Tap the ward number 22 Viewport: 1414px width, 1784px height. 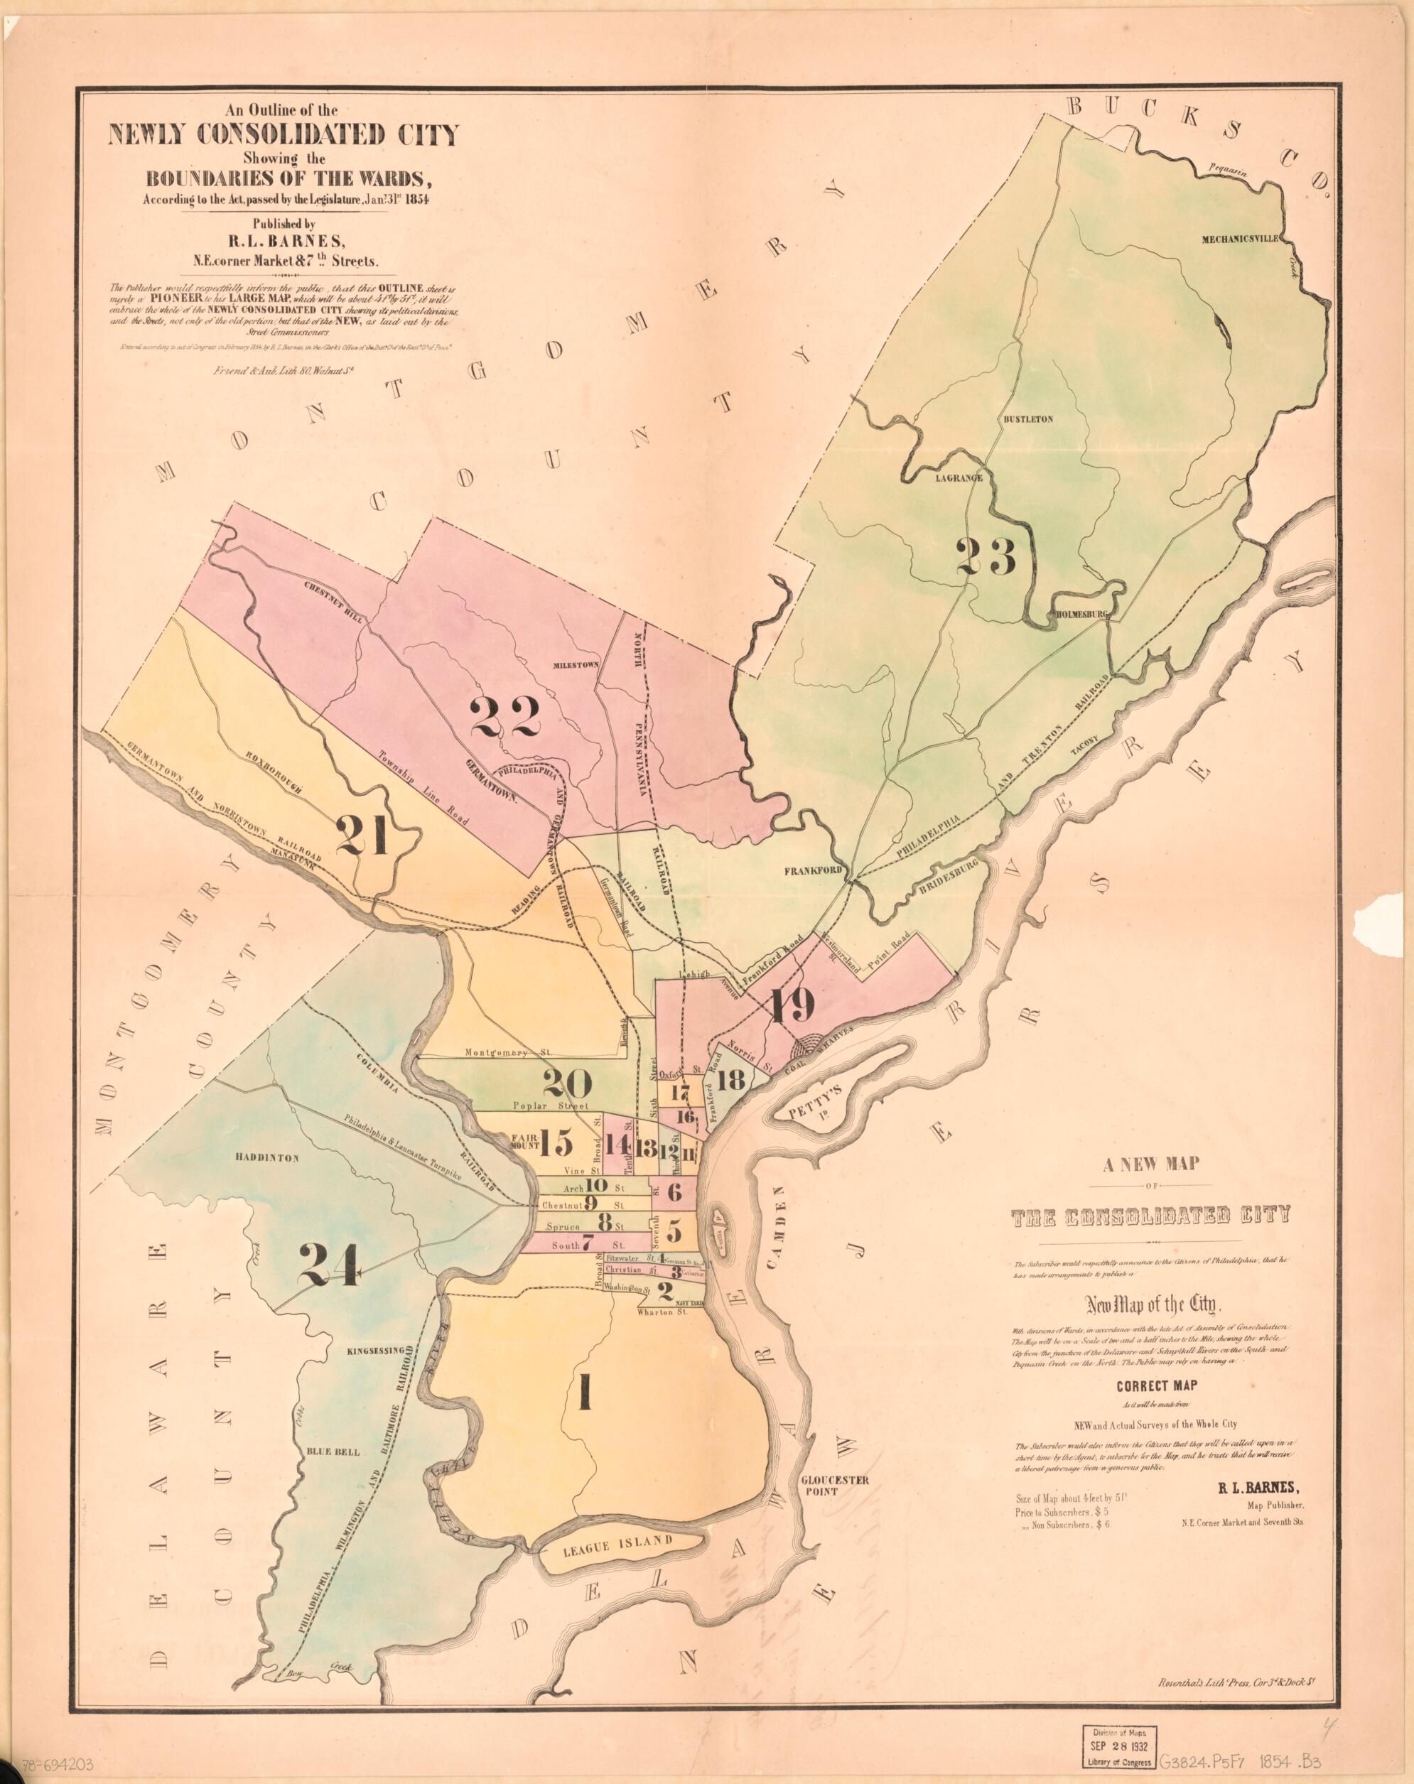tap(504, 715)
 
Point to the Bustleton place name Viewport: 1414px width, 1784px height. tap(1027, 418)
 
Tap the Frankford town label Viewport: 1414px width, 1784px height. tap(814, 871)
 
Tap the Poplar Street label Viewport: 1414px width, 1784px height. tap(549, 1105)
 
